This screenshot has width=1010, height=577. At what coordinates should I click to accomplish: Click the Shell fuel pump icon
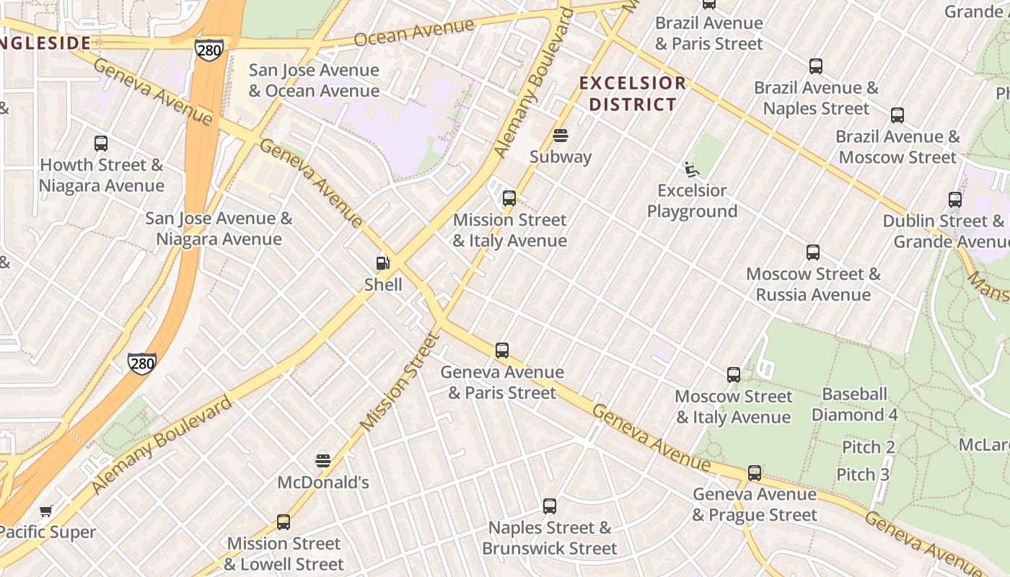[x=383, y=263]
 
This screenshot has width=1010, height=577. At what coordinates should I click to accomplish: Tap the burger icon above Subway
[x=561, y=136]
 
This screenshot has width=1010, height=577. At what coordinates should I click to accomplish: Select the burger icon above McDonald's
[x=323, y=461]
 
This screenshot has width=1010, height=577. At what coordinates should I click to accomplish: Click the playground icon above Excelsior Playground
[x=691, y=169]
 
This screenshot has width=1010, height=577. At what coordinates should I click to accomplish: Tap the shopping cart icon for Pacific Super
[x=46, y=511]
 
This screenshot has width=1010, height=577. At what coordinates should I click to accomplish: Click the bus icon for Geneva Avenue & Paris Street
[x=502, y=351]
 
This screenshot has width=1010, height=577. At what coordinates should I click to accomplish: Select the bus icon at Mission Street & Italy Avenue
[x=509, y=198]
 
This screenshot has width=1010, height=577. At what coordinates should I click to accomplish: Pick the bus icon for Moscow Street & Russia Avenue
[x=813, y=252]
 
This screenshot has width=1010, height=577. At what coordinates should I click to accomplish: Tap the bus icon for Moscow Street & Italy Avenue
[x=734, y=375]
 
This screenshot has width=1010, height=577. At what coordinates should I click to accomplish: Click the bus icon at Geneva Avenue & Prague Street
[x=755, y=473]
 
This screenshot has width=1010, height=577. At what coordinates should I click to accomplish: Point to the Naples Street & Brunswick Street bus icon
[x=550, y=506]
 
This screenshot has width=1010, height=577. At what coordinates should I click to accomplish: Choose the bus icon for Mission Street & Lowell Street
[x=284, y=522]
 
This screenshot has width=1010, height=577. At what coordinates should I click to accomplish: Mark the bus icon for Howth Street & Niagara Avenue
[x=101, y=144]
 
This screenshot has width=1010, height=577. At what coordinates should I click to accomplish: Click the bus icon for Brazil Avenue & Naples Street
[x=816, y=66]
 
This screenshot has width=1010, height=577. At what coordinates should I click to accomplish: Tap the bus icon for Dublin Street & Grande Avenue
[x=955, y=200]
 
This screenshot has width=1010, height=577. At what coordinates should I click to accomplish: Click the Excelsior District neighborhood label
[x=633, y=94]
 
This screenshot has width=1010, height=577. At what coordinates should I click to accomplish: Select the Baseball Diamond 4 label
[x=854, y=405]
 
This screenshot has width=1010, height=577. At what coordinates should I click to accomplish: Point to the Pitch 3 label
[x=863, y=475]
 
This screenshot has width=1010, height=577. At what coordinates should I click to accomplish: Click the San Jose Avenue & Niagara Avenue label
[x=219, y=229]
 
